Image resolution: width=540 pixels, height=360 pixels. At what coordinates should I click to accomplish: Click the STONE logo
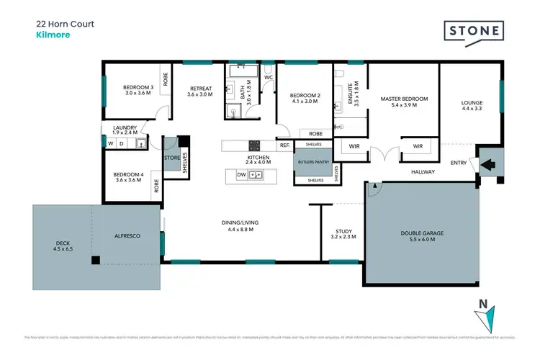(474, 32)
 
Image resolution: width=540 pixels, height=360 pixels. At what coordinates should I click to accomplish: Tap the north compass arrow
(489, 317)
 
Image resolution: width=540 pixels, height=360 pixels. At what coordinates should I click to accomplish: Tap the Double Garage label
(423, 235)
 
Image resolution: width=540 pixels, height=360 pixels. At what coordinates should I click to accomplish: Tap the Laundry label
(125, 128)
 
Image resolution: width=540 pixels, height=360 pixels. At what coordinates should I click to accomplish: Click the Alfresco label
(127, 235)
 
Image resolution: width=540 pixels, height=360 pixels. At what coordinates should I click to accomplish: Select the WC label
(268, 77)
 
